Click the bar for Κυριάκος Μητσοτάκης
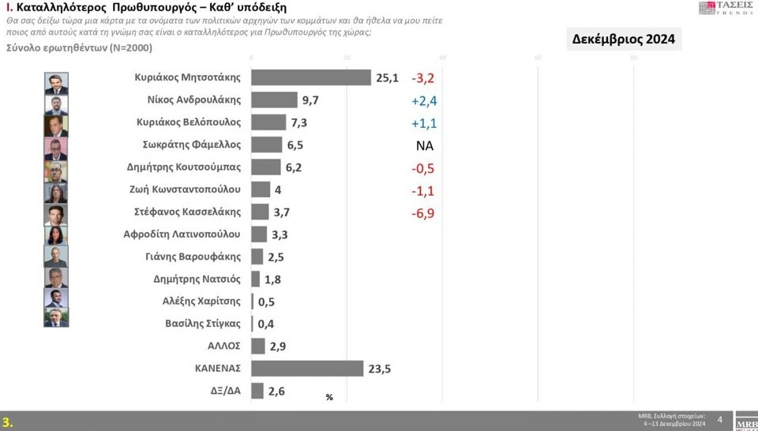[x=310, y=77]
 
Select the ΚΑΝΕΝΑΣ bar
[x=307, y=368]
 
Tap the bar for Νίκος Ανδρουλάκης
[x=274, y=99]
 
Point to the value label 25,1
[x=386, y=77]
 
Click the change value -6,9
[x=424, y=212]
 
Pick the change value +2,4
[x=424, y=100]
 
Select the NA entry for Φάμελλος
[x=425, y=145]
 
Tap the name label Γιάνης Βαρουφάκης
[x=197, y=256]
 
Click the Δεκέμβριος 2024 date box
[x=624, y=39]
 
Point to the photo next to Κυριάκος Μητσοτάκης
[x=56, y=84]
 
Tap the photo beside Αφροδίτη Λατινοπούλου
[x=56, y=234]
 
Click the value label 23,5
[x=381, y=368]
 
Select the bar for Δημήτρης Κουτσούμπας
[x=265, y=167]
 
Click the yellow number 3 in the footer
[x=7, y=422]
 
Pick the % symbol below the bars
[x=329, y=397]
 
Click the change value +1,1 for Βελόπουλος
[x=424, y=123]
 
